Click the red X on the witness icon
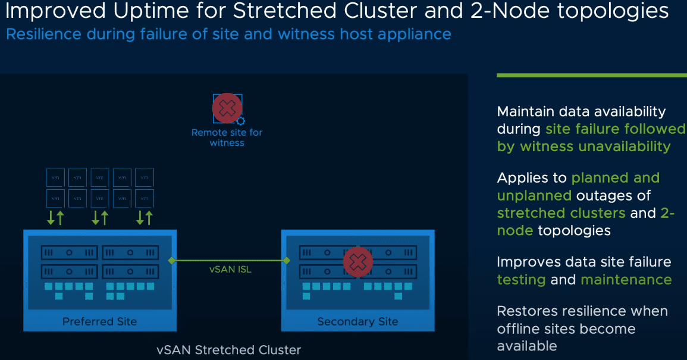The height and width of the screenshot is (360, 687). (227, 108)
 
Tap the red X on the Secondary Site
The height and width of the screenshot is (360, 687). (358, 261)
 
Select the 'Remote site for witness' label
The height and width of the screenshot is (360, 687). (227, 137)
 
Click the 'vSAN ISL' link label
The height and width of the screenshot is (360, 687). (230, 270)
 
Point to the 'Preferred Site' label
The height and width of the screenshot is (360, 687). (99, 322)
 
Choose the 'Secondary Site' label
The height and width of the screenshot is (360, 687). (357, 322)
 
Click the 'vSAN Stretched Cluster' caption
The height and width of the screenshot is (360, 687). (228, 350)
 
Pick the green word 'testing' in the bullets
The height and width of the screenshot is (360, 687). (521, 280)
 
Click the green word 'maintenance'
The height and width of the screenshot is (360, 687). (626, 280)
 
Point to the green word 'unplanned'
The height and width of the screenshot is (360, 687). (534, 195)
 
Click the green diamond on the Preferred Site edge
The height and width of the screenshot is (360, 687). (171, 261)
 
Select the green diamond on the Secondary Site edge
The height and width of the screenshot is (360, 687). (287, 261)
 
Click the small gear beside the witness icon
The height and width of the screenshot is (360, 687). (241, 121)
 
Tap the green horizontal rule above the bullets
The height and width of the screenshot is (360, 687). (591, 76)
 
